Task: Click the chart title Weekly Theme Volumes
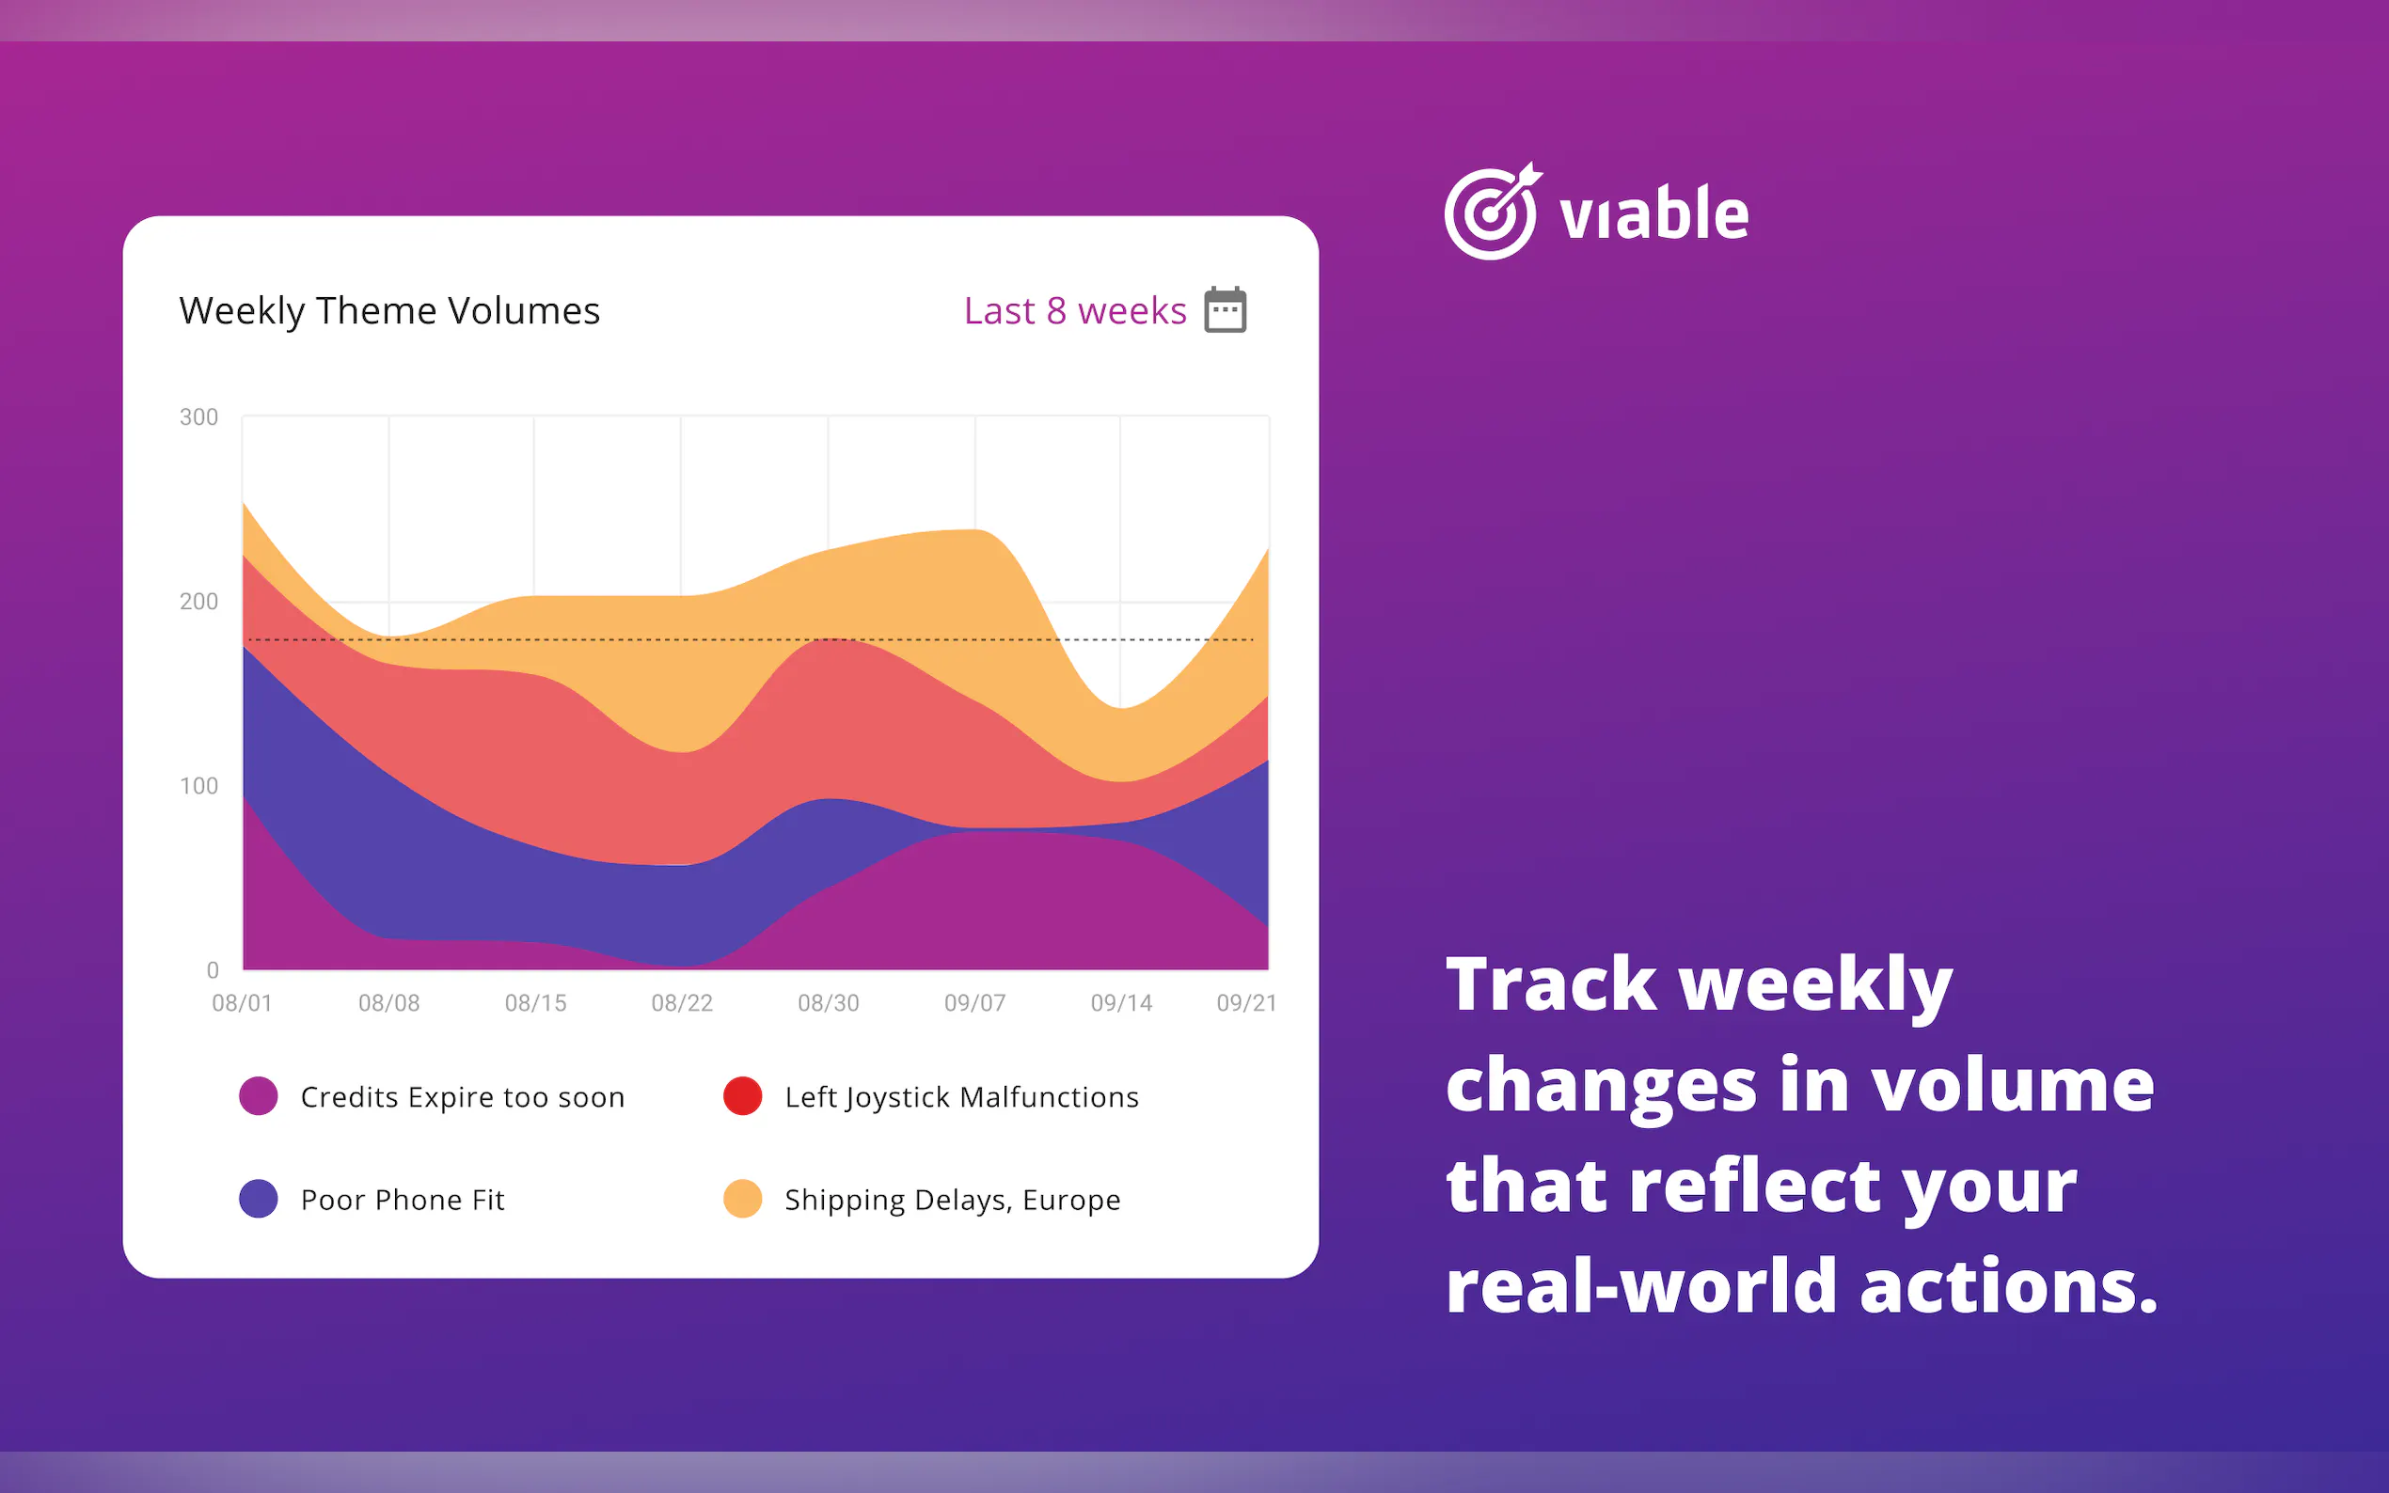[389, 311]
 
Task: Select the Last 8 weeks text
[1074, 311]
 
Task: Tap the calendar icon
[1225, 310]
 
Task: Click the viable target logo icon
[1493, 212]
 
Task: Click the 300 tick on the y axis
[198, 416]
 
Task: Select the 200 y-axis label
[198, 602]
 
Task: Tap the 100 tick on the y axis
[198, 786]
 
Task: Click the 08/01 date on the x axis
[242, 1003]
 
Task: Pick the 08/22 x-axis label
[682, 1003]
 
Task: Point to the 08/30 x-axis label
[829, 1003]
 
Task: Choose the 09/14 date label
[1121, 1003]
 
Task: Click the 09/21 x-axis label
[1246, 1003]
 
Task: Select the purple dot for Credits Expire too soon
[259, 1096]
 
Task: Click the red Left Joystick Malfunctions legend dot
[743, 1096]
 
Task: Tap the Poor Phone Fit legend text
[402, 1200]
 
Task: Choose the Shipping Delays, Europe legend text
[952, 1200]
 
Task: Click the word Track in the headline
[1552, 983]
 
